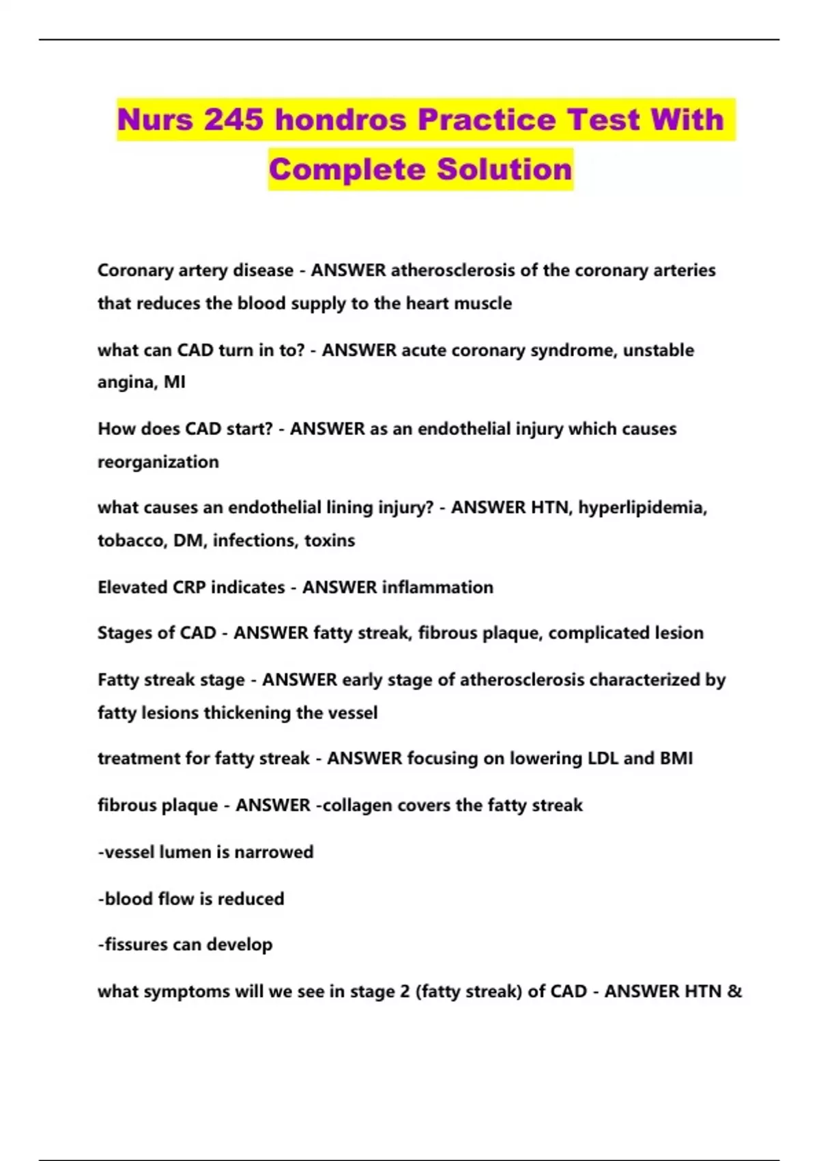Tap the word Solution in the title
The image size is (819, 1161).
(x=504, y=169)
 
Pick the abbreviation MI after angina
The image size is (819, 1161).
(x=175, y=382)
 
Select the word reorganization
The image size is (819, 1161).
(x=158, y=462)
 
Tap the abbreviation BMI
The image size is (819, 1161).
(x=676, y=759)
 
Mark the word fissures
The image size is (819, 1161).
(x=136, y=945)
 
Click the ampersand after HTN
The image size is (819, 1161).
(x=734, y=992)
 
